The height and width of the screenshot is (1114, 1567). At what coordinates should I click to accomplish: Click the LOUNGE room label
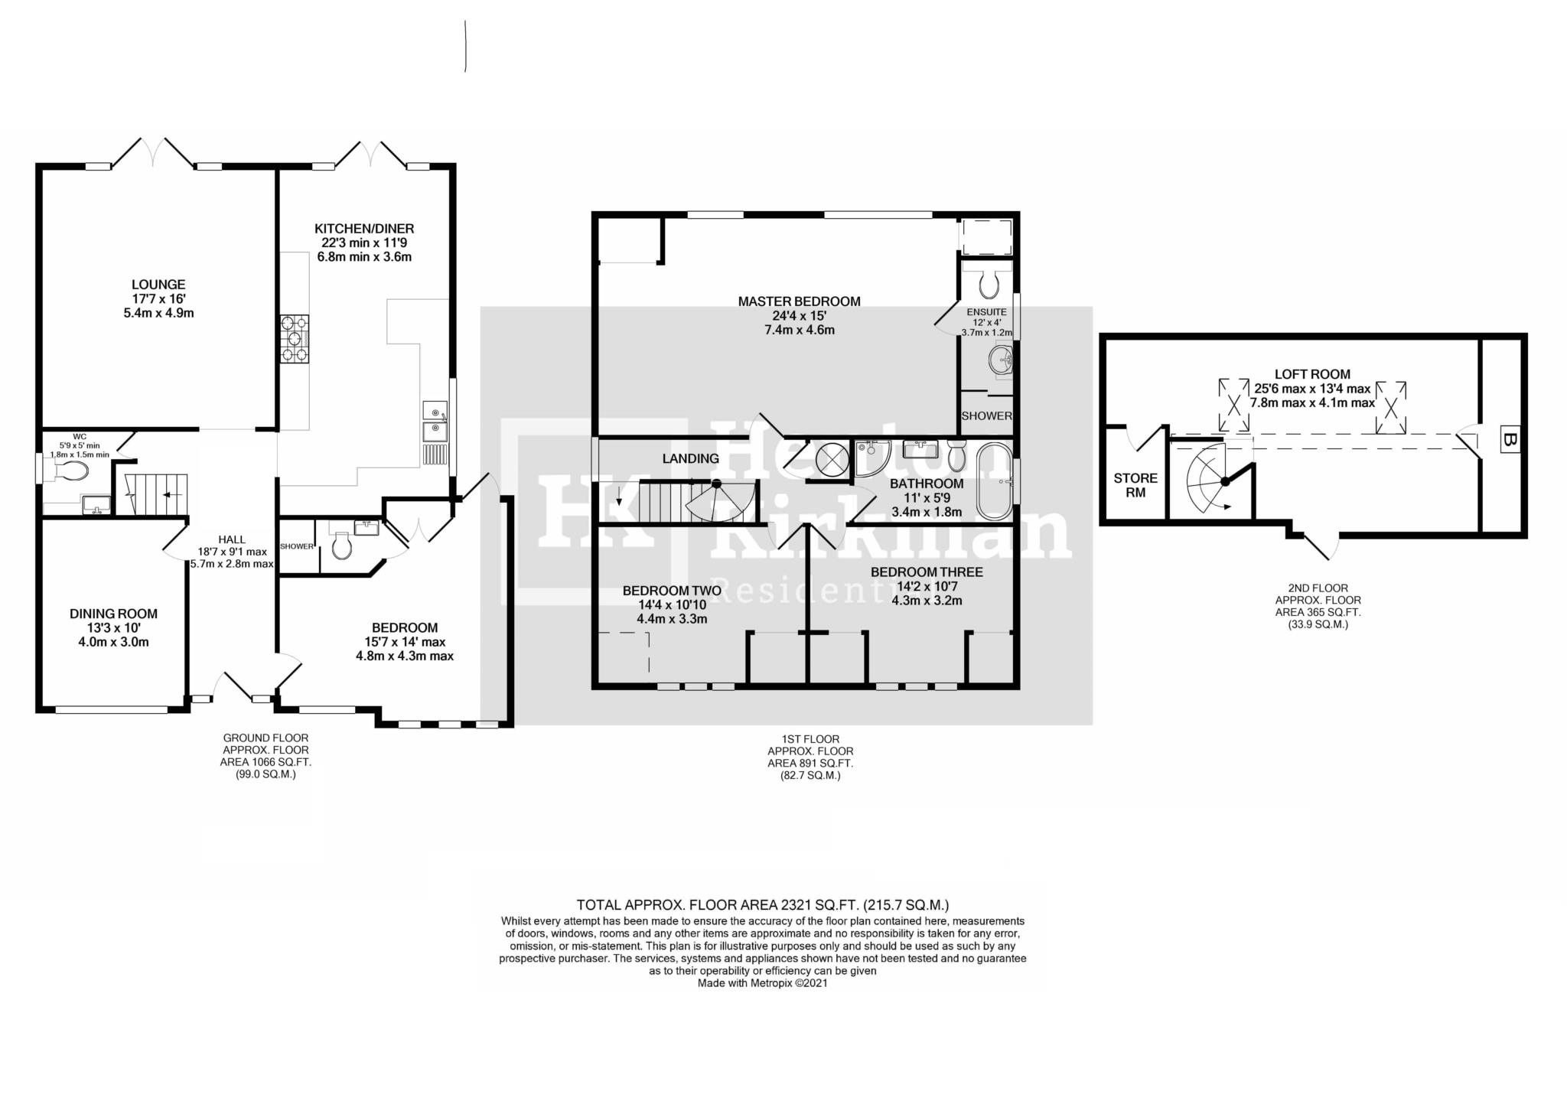pos(159,285)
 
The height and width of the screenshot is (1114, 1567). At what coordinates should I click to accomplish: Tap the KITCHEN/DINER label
pos(364,229)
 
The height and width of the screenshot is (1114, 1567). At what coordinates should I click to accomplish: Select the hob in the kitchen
pos(295,339)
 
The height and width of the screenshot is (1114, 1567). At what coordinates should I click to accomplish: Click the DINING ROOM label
pos(114,614)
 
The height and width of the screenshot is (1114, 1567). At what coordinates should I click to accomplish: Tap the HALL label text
pos(231,539)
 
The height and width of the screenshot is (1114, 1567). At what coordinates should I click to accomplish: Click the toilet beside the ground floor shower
pos(341,546)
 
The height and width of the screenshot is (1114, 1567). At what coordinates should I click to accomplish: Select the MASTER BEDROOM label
pos(799,301)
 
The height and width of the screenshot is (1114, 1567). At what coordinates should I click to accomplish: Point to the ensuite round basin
pos(1000,360)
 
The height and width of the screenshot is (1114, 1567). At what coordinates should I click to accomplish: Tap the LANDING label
pos(690,458)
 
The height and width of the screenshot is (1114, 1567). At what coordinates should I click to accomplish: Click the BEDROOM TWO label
pos(672,591)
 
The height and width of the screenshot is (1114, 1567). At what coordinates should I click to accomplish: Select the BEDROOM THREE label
pos(927,572)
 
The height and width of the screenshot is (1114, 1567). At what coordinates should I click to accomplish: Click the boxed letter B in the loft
pos(1509,441)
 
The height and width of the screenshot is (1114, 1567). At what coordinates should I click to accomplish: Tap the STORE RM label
pos(1135,485)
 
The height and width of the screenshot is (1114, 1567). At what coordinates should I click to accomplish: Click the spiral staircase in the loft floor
pos(1214,480)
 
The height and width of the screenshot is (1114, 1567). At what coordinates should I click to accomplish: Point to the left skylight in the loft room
pos(1233,406)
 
